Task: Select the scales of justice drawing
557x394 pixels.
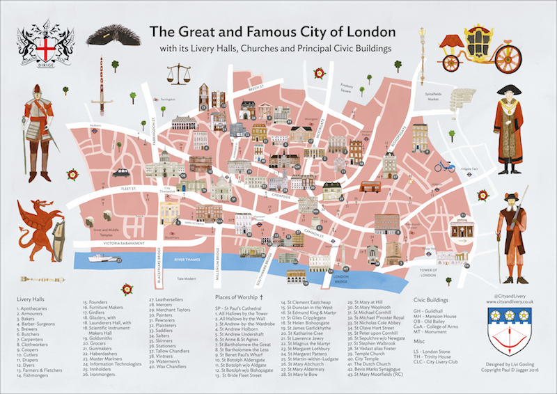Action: pyautogui.click(x=183, y=73)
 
